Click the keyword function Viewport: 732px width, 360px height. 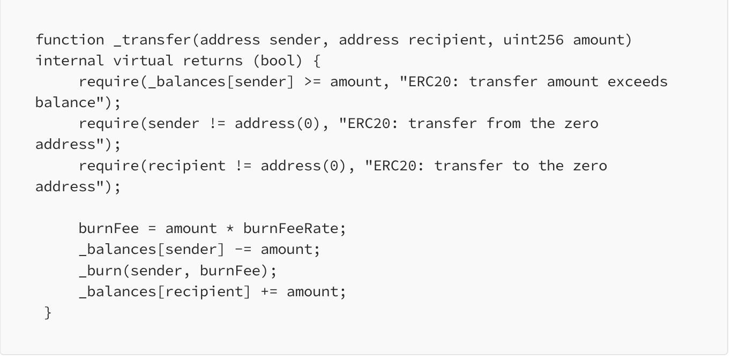tap(70, 40)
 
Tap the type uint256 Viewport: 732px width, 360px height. tap(533, 40)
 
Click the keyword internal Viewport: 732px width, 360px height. tap(70, 61)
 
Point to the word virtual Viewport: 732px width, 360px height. tap(143, 61)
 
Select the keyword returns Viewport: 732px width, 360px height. tap(213, 61)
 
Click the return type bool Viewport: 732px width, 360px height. tap(278, 61)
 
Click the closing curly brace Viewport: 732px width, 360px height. tap(48, 313)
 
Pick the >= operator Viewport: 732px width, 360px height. tap(313, 82)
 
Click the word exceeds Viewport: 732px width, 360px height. tap(637, 81)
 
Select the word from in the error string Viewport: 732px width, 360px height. tap(503, 124)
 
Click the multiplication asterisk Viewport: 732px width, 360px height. tap(230, 228)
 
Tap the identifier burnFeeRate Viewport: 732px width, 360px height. tap(291, 228)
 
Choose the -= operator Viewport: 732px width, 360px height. tap(243, 250)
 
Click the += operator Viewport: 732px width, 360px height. tap(270, 292)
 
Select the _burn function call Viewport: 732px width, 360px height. tap(100, 271)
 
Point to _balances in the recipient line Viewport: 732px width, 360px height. tap(118, 292)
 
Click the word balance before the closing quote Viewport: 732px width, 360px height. tap(65, 102)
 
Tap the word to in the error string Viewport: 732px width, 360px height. tap(520, 166)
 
